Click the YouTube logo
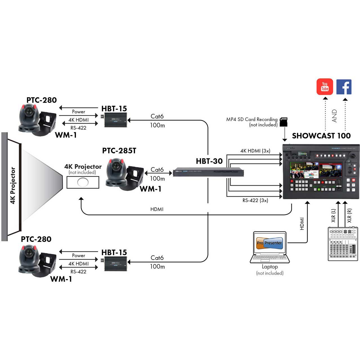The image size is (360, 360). tap(325, 87)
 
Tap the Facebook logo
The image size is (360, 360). tap(344, 87)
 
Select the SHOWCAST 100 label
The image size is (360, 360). tap(321, 136)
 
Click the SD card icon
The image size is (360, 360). tap(283, 122)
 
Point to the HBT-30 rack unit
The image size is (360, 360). tap(208, 172)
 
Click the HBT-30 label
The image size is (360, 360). tap(209, 161)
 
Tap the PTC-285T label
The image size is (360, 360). tap(119, 151)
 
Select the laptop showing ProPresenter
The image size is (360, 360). tap(270, 247)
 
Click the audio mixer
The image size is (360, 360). tap(343, 244)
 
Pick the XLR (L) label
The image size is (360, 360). tap(333, 215)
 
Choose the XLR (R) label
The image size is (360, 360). tap(349, 215)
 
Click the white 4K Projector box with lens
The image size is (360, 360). tap(83, 182)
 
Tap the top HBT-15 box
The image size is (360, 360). tap(115, 120)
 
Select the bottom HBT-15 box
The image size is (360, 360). tap(115, 264)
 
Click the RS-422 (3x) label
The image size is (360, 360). tap(255, 201)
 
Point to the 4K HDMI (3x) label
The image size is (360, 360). tap(255, 151)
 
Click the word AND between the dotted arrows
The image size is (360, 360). tap(334, 116)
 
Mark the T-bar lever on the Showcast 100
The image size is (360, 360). tap(339, 186)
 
